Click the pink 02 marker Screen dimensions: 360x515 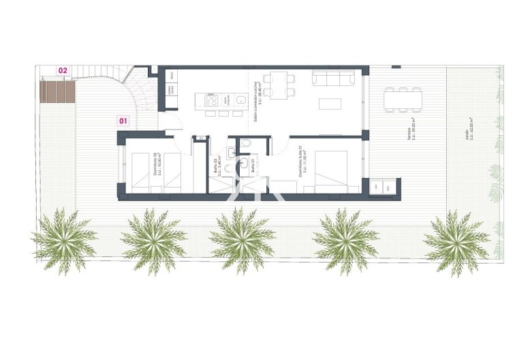tap(63, 70)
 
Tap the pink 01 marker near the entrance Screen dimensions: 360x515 tap(123, 121)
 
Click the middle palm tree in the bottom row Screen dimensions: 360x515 tap(242, 240)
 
